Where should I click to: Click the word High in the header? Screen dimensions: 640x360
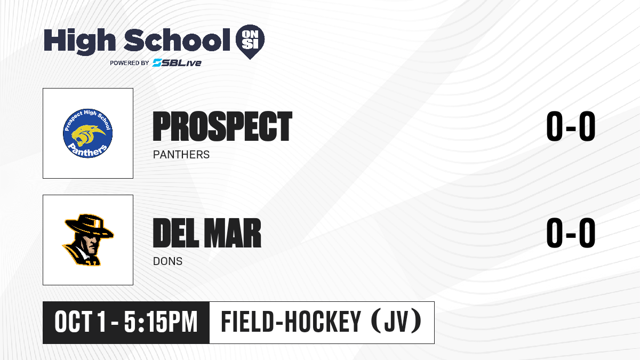pos(80,42)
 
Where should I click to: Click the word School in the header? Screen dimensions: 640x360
pos(177,40)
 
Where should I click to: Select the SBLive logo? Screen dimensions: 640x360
pos(177,63)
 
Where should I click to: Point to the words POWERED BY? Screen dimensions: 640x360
pos(130,63)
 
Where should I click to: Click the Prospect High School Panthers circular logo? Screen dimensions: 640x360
pos(87,133)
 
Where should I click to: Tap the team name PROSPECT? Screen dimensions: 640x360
pos(222,126)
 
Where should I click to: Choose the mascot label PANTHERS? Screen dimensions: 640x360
pos(181,155)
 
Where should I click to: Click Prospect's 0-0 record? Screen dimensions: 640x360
pos(571,126)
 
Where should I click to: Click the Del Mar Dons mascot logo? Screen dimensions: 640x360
pos(88,240)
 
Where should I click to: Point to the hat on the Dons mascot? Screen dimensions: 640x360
pos(89,226)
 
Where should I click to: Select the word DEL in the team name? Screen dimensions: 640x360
pos(175,233)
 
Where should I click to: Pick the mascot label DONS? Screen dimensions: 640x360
pos(167,261)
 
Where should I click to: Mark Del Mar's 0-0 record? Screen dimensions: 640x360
pos(571,233)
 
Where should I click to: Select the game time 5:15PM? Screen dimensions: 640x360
pos(161,322)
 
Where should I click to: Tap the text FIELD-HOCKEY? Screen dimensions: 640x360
pos(291,322)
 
